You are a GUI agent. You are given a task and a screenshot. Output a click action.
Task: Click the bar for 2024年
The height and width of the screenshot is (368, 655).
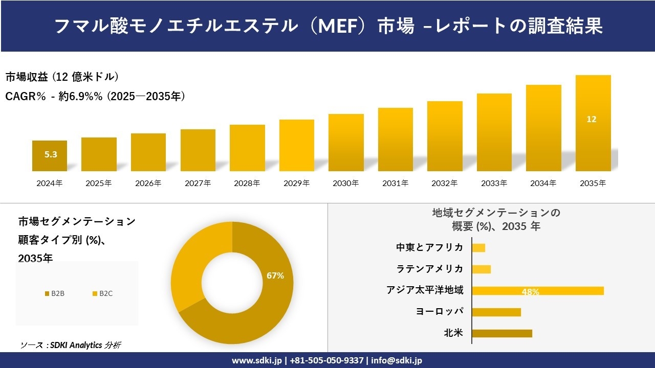click(x=50, y=156)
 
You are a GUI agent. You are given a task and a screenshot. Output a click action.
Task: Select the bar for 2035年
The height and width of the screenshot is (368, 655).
click(x=593, y=123)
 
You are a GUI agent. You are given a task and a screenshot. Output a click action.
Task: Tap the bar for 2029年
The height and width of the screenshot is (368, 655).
click(x=297, y=146)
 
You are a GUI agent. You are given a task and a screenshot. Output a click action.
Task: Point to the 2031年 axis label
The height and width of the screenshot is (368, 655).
click(x=395, y=183)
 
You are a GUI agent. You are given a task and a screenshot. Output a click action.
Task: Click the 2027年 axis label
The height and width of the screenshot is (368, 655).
click(x=198, y=183)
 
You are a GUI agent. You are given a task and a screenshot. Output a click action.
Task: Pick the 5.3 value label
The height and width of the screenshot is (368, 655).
click(x=51, y=154)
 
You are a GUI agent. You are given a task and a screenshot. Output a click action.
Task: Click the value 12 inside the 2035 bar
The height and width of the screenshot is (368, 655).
click(x=592, y=120)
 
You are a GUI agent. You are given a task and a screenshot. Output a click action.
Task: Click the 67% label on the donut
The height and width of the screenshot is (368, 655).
click(x=275, y=275)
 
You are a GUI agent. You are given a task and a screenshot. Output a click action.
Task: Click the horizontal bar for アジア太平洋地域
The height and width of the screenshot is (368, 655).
click(x=538, y=291)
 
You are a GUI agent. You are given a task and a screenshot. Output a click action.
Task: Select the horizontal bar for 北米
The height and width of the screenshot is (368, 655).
click(x=502, y=333)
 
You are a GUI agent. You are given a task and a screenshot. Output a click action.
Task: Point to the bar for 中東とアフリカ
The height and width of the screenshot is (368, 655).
click(x=478, y=248)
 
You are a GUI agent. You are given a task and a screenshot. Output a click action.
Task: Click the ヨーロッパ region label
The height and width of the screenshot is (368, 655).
click(x=440, y=312)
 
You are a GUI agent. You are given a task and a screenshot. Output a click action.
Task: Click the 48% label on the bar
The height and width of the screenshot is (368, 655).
click(x=530, y=292)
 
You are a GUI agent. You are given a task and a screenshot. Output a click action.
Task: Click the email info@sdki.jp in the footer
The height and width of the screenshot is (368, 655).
click(x=397, y=360)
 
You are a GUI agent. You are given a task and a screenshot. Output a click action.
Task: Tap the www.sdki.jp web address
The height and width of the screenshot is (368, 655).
click(x=257, y=360)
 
